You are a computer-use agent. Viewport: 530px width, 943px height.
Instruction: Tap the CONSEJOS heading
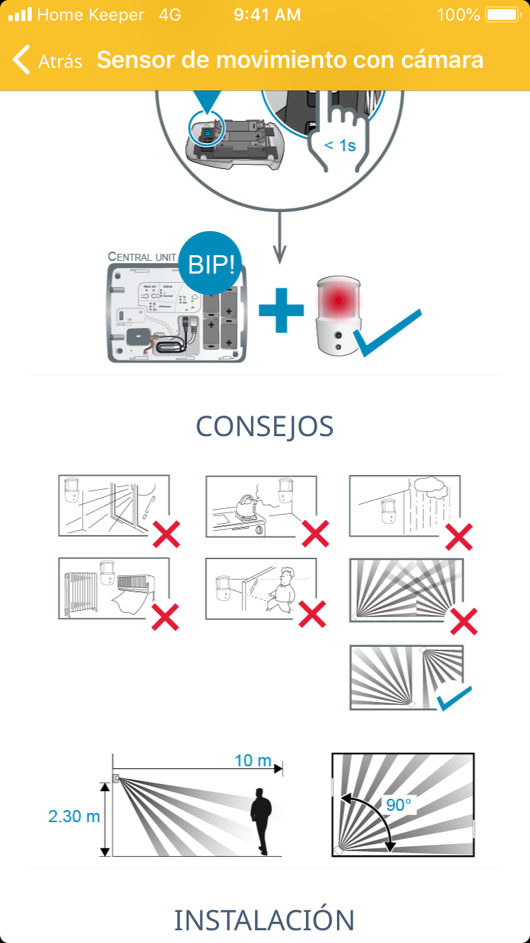pos(264,427)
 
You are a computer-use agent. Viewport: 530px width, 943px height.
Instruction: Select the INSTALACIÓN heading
pos(264,920)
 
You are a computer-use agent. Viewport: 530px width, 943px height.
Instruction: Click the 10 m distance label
pos(253,761)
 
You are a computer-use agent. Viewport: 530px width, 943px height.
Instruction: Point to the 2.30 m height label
pos(74,816)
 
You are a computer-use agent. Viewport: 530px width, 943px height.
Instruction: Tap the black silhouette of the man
pos(262,820)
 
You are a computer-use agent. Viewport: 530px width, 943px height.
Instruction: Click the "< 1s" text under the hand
pos(340,146)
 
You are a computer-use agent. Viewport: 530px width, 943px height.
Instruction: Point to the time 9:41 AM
pos(266,14)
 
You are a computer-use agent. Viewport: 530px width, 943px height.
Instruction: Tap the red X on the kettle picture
pos(316,532)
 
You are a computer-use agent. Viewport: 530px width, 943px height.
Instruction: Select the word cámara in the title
pos(440,60)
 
